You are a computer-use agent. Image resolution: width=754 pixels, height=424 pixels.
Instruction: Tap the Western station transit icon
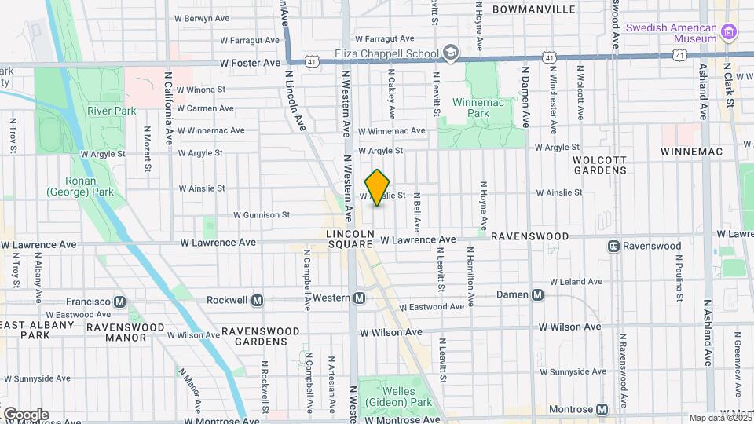point(359,298)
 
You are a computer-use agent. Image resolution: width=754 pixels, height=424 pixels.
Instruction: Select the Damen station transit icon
point(537,295)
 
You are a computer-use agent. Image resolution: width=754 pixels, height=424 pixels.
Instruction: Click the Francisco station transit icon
point(120,302)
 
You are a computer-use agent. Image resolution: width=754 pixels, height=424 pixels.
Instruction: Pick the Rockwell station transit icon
point(258,300)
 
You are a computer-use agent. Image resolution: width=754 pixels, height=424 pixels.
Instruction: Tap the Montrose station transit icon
point(602,409)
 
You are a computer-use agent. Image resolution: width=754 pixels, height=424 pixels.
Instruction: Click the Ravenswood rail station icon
point(614,246)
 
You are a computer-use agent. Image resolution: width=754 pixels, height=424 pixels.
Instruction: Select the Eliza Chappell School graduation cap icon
point(450,53)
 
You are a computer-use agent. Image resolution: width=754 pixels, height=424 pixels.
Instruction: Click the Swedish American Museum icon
point(730,32)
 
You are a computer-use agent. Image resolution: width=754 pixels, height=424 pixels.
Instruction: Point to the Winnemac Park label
point(471,108)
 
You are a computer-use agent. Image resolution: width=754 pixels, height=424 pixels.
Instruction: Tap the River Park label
point(112,111)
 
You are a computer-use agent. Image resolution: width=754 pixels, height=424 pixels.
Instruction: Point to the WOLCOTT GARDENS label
point(600,164)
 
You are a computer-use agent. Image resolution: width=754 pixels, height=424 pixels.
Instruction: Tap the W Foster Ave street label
point(250,63)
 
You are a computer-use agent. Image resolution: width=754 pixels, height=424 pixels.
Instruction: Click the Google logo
point(25,415)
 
